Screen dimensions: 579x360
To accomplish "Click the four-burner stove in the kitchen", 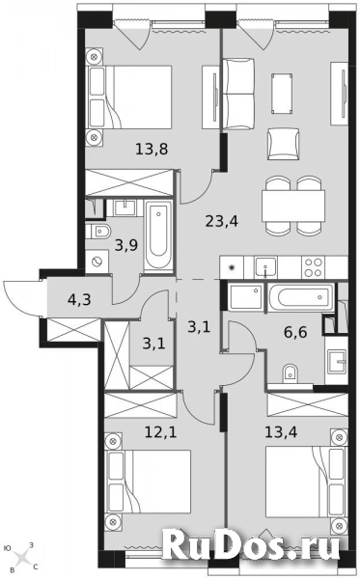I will pos(315,262).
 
